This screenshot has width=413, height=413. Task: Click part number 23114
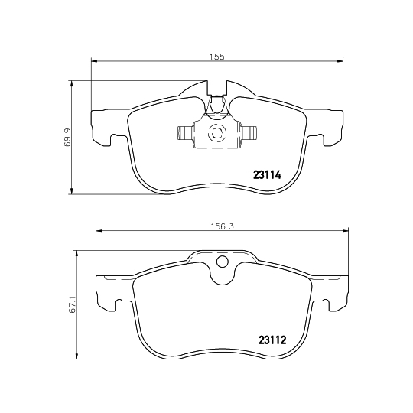268,174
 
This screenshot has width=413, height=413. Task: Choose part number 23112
272,341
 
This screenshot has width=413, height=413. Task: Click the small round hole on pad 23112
223,265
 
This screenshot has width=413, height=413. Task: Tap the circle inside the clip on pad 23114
216,135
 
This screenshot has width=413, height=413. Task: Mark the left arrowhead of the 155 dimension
94,61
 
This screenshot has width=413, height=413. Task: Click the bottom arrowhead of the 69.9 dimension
72,190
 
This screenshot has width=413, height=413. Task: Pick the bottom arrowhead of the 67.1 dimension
76,358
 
